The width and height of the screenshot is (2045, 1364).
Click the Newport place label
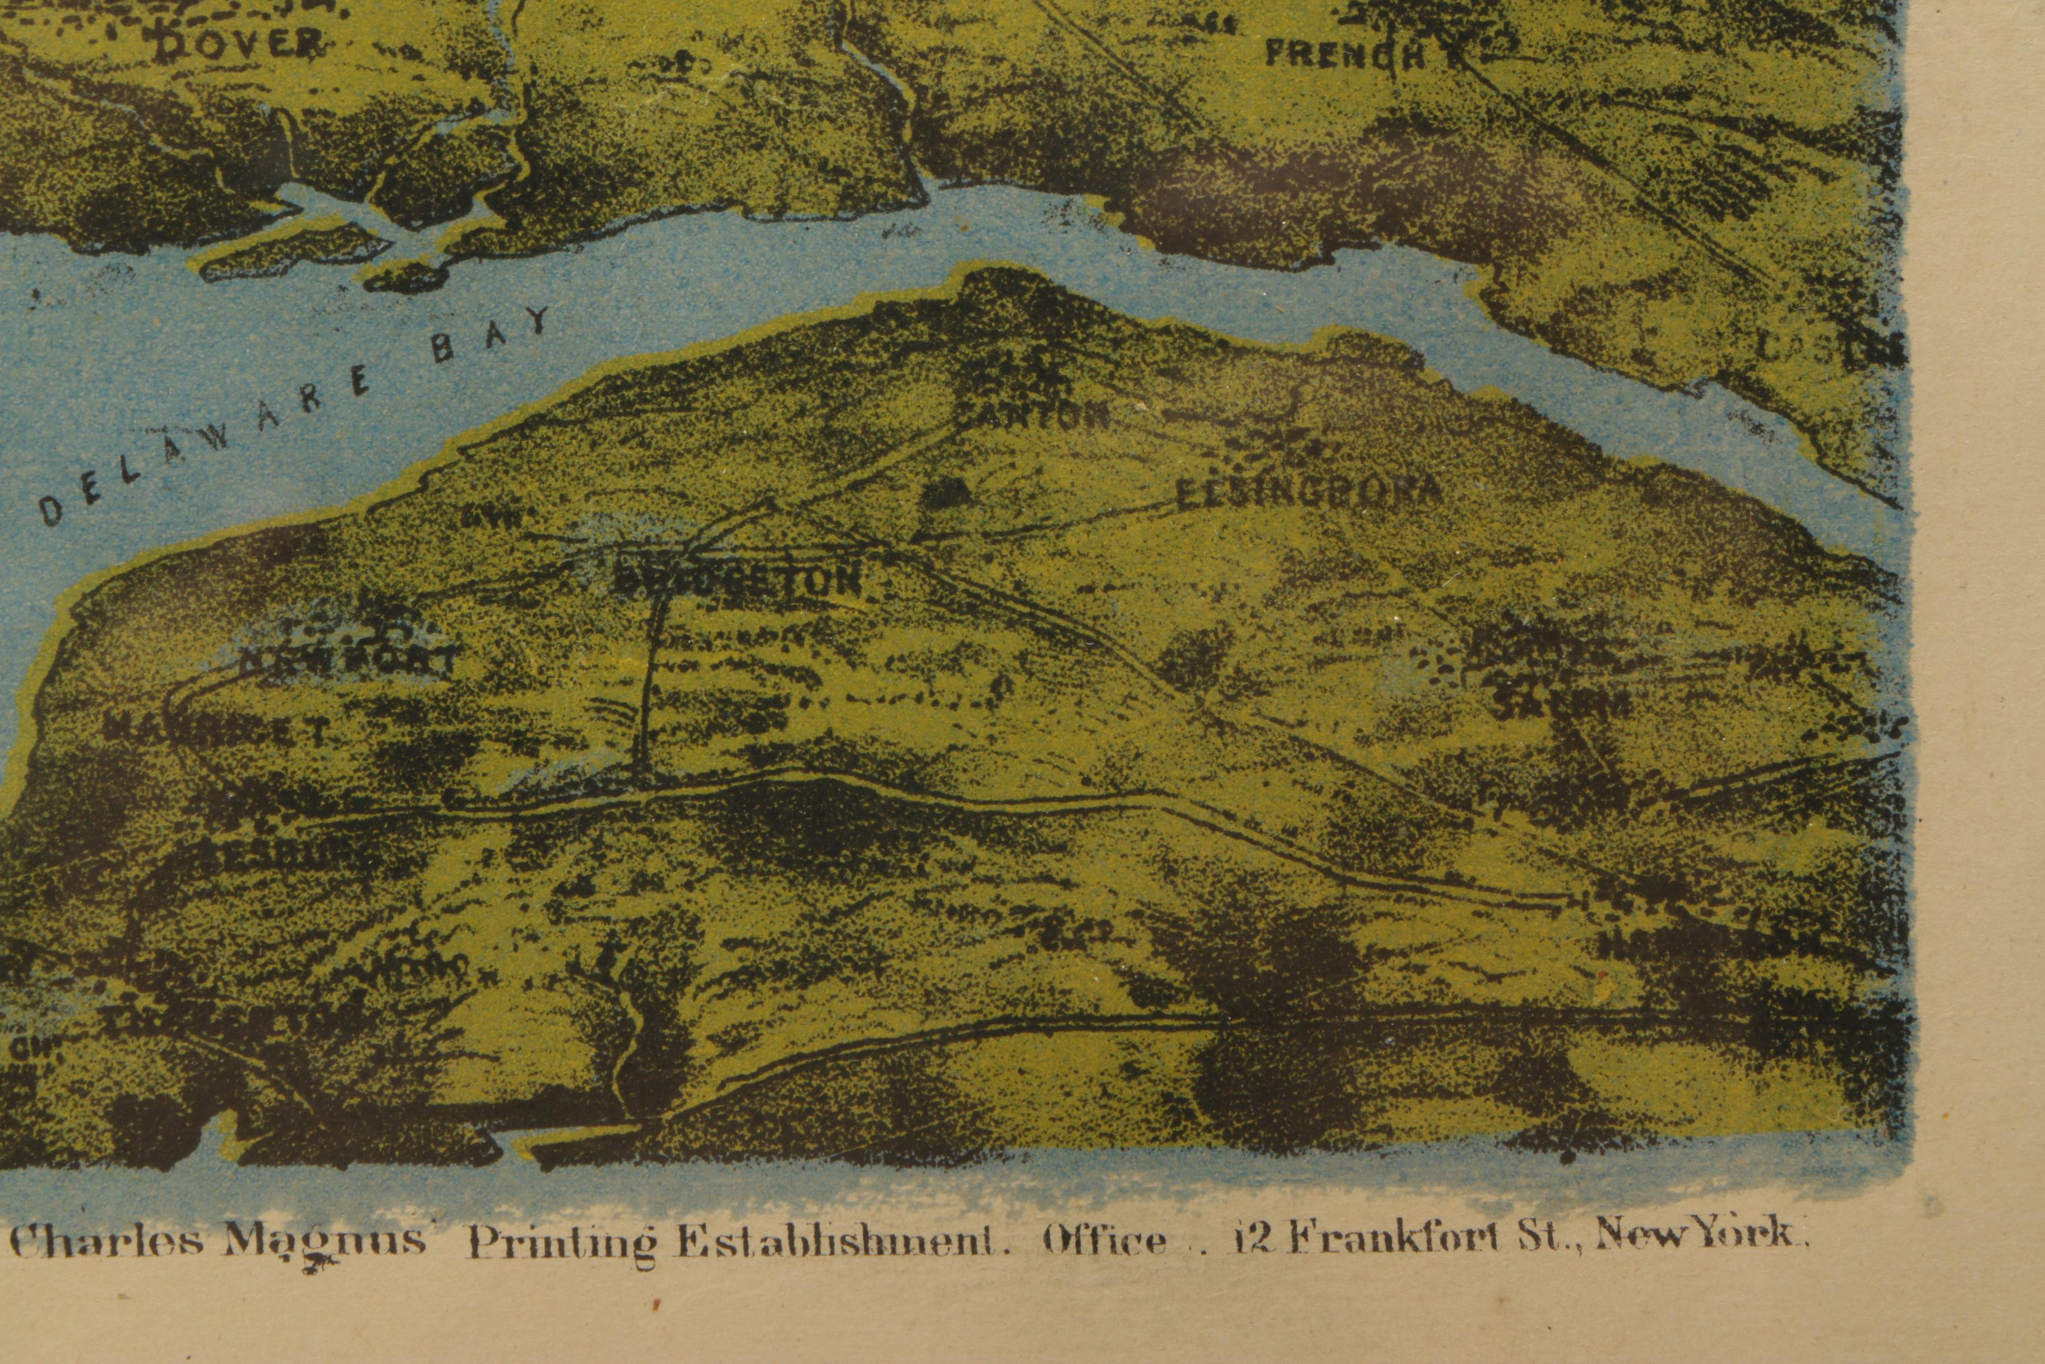[x=348, y=661]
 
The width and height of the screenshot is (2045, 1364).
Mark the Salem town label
[x=1561, y=702]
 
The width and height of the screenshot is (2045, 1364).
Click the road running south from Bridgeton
[x=648, y=687]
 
